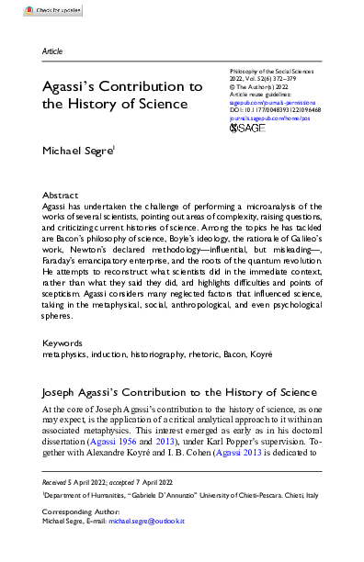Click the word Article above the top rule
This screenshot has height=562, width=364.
tap(52, 51)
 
